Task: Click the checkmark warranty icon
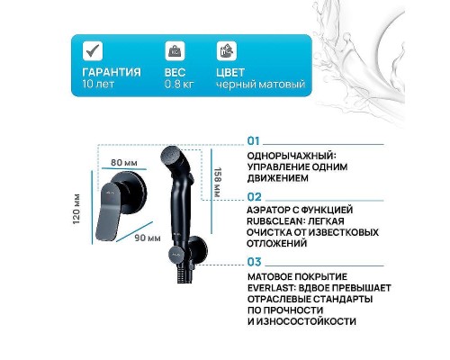pyautogui.click(x=90, y=51)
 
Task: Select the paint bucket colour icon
pyautogui.click(x=226, y=51)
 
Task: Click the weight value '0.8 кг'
pyautogui.click(x=180, y=85)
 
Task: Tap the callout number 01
pyautogui.click(x=253, y=141)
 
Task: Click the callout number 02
pyautogui.click(x=254, y=194)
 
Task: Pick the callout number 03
pyautogui.click(x=254, y=261)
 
